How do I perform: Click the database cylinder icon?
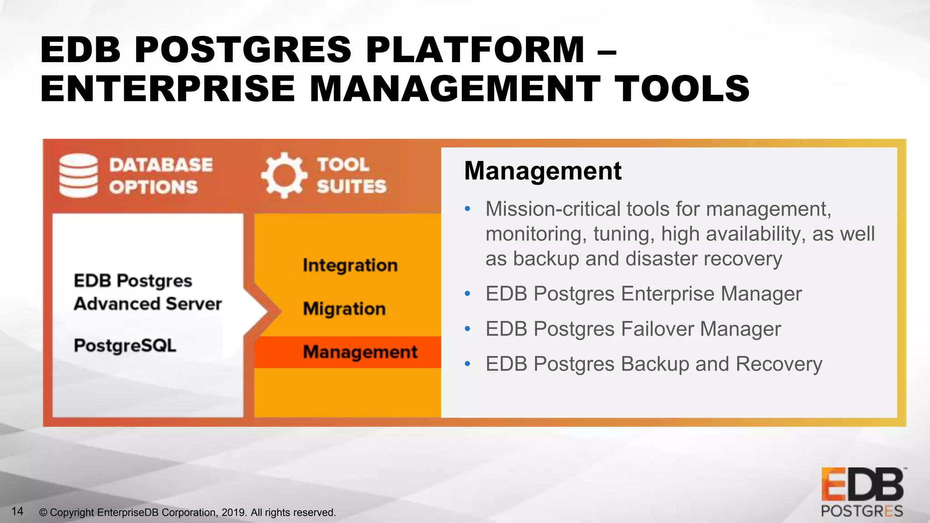coord(78,176)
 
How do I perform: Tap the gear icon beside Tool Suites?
coord(284,175)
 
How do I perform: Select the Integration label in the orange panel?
coord(350,265)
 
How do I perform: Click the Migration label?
coord(344,309)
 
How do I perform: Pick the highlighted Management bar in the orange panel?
coord(348,352)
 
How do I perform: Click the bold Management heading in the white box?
coord(543,171)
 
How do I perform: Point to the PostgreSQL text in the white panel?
coord(125,345)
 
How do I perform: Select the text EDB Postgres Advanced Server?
coord(147,292)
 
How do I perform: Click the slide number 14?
coord(17,511)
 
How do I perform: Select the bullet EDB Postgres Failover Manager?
coord(633,329)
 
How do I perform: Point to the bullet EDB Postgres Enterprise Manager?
coord(643,294)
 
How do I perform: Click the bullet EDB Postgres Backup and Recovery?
coord(653,364)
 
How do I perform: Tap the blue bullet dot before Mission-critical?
coord(468,209)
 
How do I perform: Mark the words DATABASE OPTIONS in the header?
coord(160,176)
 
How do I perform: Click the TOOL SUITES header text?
coord(351,175)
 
